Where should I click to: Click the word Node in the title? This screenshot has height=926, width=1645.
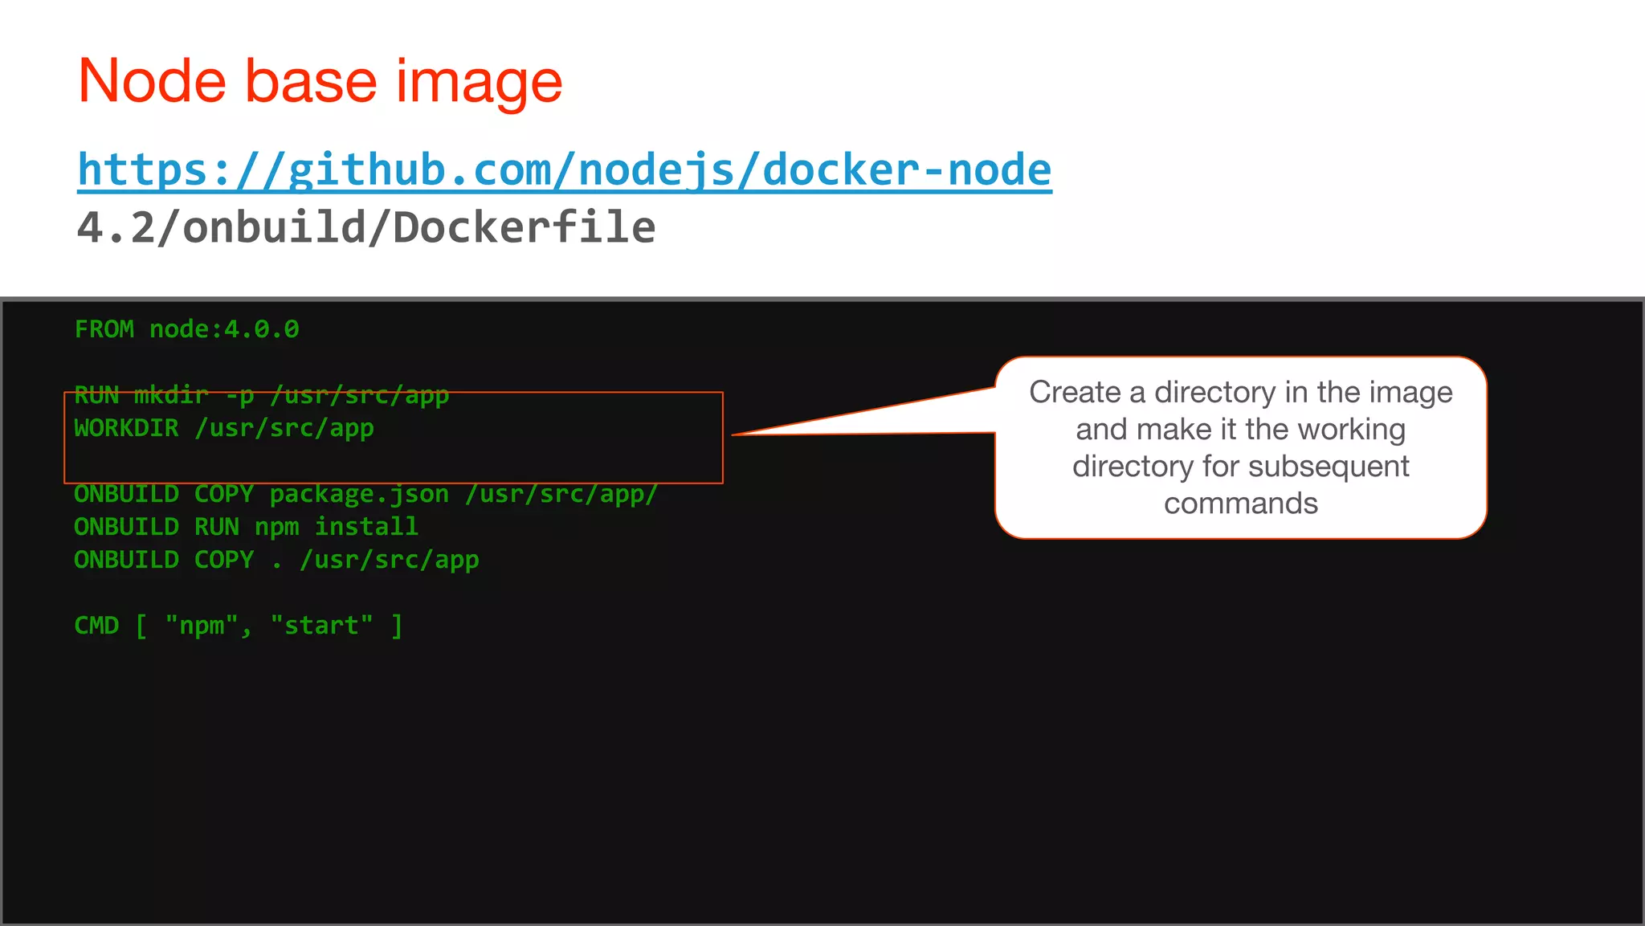coord(152,81)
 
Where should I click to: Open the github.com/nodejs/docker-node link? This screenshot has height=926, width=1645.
coord(564,170)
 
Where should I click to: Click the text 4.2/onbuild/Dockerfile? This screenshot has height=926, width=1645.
coord(366,228)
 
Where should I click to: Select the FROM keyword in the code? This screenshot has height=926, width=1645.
coord(104,329)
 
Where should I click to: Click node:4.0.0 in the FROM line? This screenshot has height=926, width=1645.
coord(224,329)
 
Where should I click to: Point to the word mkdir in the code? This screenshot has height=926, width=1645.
coord(171,395)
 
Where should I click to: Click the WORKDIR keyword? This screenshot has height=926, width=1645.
coord(126,428)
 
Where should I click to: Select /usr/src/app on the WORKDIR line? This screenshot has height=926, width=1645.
coord(284,428)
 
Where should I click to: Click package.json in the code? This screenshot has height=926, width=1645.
coord(359,494)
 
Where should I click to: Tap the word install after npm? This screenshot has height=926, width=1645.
coord(366,527)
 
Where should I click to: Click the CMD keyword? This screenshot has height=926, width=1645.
coord(96,626)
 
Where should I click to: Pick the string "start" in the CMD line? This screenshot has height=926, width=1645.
coord(321,626)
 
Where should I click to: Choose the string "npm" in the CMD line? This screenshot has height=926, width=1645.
coord(202,626)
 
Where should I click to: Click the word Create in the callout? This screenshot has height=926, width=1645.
coord(1075,393)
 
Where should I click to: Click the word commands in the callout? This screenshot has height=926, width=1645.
coord(1241,504)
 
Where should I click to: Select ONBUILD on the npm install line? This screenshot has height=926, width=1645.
coord(126,527)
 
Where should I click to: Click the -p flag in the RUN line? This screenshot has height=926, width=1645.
coord(239,395)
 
